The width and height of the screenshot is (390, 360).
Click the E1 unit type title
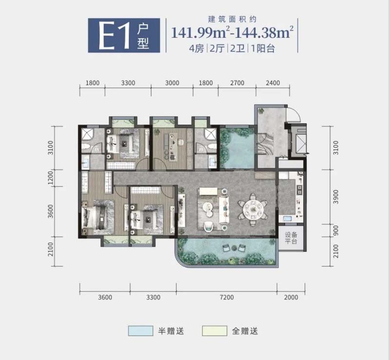(x=124, y=35)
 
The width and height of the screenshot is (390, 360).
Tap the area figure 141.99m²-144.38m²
(x=233, y=33)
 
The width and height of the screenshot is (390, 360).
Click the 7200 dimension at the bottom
(x=227, y=297)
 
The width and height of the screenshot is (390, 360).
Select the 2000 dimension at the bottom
(x=291, y=297)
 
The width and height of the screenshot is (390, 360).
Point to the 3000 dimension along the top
(x=172, y=83)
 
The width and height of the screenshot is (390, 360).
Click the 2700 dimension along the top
(x=237, y=83)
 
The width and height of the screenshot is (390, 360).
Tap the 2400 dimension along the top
(x=273, y=83)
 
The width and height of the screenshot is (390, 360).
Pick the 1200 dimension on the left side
(x=50, y=178)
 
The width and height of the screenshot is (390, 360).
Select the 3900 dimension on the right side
(x=336, y=197)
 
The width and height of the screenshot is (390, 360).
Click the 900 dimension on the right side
(x=336, y=230)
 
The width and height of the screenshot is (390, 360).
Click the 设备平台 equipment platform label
(x=291, y=238)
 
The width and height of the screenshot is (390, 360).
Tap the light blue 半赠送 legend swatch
(x=140, y=331)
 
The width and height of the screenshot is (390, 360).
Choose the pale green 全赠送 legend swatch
(x=214, y=331)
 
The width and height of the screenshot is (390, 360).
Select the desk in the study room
(x=174, y=147)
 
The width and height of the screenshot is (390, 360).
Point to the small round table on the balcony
(x=234, y=248)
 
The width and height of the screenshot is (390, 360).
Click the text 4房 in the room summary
(x=196, y=49)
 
